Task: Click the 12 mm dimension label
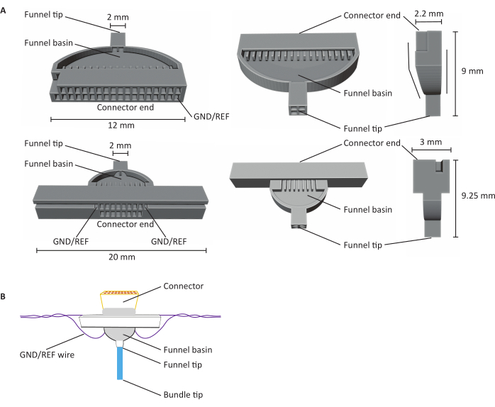[x=121, y=126]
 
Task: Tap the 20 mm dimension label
[x=122, y=257]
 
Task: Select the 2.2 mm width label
[x=429, y=14]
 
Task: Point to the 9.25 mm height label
[x=478, y=196]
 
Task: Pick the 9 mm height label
[x=472, y=71]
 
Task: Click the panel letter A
[x=3, y=11]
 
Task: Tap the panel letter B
[x=3, y=296]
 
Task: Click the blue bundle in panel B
[x=120, y=363]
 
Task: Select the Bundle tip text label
[x=183, y=395]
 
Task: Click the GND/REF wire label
[x=47, y=355]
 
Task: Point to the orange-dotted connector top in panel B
[x=120, y=293]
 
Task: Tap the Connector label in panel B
[x=184, y=286]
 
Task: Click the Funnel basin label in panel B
[x=188, y=350]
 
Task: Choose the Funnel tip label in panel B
[x=183, y=365]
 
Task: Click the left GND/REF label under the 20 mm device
[x=71, y=242]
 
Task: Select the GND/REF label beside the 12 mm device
[x=211, y=117]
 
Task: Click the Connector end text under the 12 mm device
[x=126, y=107]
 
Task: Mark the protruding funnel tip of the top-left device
[x=118, y=39]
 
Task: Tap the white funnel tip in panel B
[x=120, y=343]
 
